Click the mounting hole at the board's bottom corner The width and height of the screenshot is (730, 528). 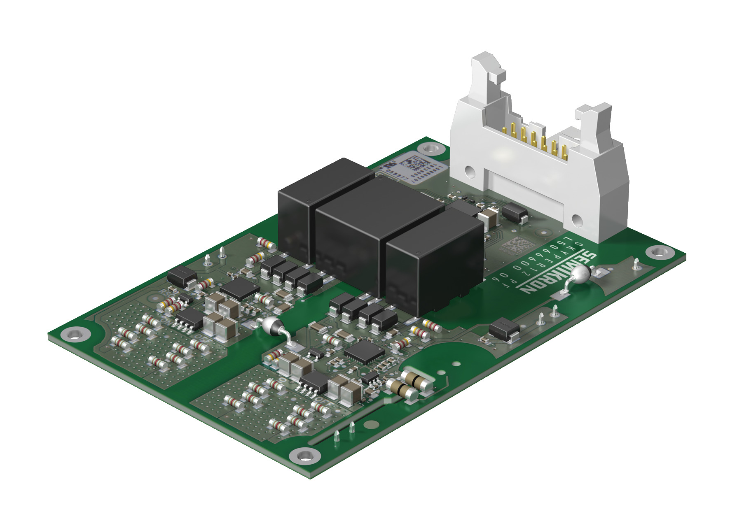tap(304, 456)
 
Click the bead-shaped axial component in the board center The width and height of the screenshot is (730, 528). tap(271, 326)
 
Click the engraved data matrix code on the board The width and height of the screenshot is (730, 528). tap(513, 246)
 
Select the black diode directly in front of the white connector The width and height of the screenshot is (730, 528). tap(515, 214)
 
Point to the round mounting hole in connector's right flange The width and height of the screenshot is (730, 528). tap(576, 220)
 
